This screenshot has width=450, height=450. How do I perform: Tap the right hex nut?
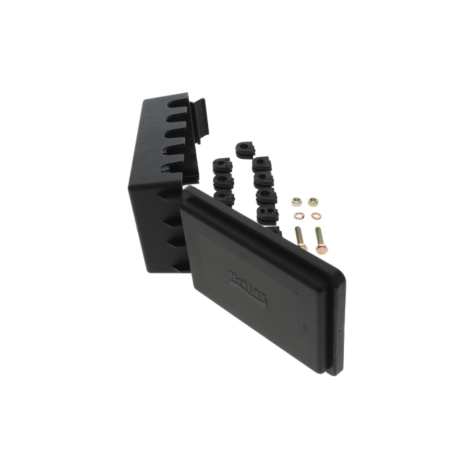coord(314,202)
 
